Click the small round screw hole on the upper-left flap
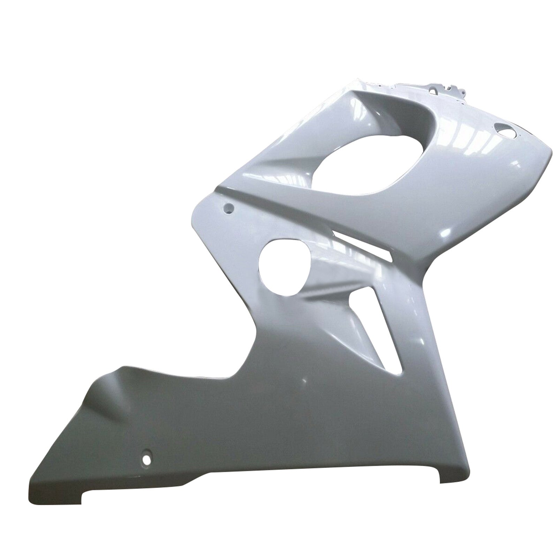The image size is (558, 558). (x=229, y=208)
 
